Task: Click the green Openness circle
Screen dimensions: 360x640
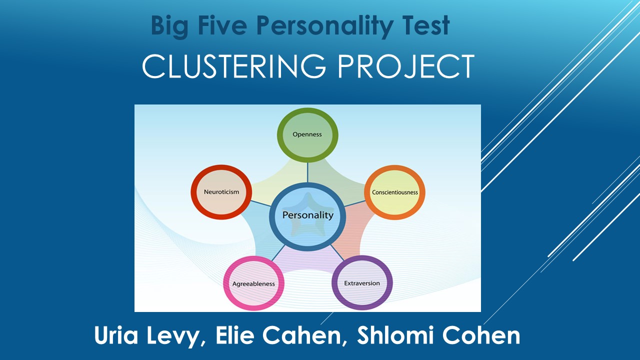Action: coord(307,134)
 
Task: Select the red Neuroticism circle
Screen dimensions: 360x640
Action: coord(221,192)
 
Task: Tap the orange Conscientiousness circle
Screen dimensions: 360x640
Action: coord(395,192)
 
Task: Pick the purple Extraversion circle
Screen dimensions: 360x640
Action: coord(362,283)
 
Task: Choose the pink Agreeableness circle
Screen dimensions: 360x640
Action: coord(253,284)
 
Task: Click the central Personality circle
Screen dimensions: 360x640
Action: coord(307,215)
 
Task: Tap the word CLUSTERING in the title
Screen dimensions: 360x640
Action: coord(235,66)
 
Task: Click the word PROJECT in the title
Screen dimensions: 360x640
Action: coord(406,66)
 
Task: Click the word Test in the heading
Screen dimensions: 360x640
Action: coord(428,26)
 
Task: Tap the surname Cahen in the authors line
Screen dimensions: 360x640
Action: coord(307,336)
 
